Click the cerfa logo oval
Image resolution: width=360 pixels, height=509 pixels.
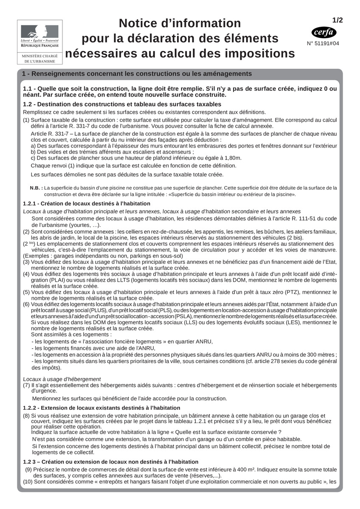(324, 32)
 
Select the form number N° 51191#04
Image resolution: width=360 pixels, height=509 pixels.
(323, 43)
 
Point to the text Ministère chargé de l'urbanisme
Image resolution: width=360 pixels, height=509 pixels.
(40, 59)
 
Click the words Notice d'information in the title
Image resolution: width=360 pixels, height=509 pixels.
(180, 23)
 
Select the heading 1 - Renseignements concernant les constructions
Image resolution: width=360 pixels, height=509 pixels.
(137, 74)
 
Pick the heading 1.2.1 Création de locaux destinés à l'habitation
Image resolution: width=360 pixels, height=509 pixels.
(86, 204)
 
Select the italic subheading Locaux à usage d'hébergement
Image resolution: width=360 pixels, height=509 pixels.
(62, 379)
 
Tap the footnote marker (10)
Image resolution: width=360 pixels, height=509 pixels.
(28, 482)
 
